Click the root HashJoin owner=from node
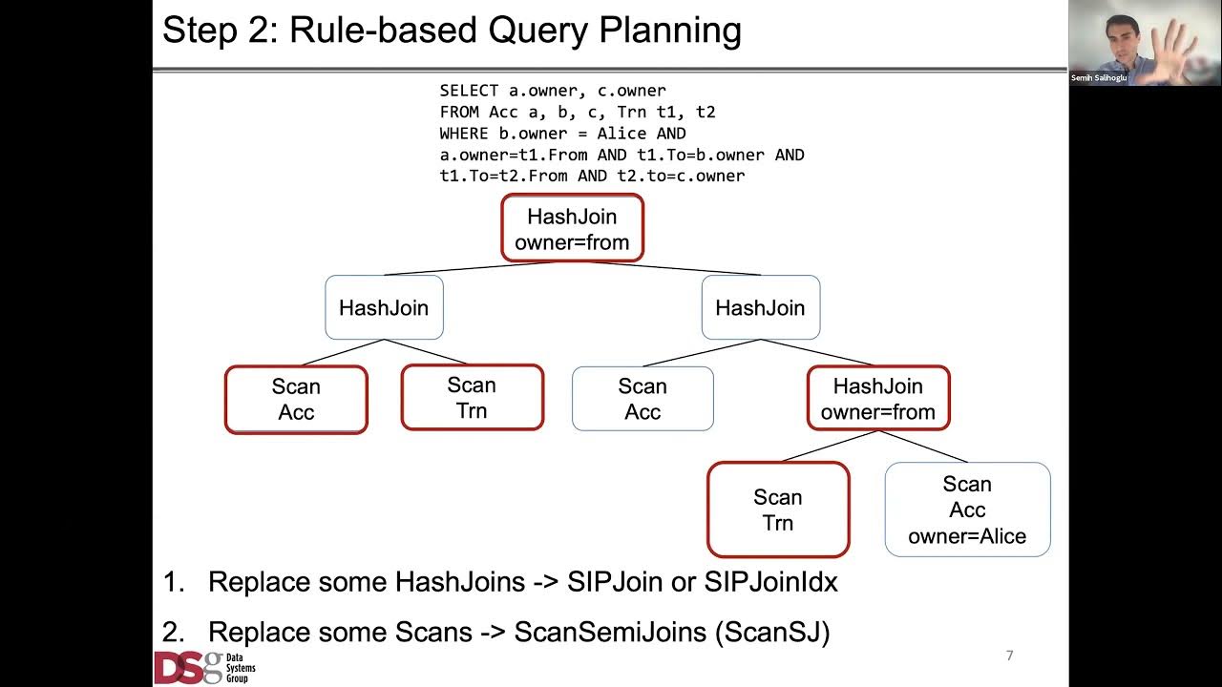572,229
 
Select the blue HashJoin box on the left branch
384,307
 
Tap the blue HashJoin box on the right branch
760,307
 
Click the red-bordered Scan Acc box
296,400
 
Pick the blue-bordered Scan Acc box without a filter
642,399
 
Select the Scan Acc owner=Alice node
967,510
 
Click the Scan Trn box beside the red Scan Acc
472,398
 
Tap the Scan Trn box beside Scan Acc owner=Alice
777,510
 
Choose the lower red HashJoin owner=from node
878,399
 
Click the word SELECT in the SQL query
469,91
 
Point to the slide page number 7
1009,656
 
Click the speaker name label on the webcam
1099,78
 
